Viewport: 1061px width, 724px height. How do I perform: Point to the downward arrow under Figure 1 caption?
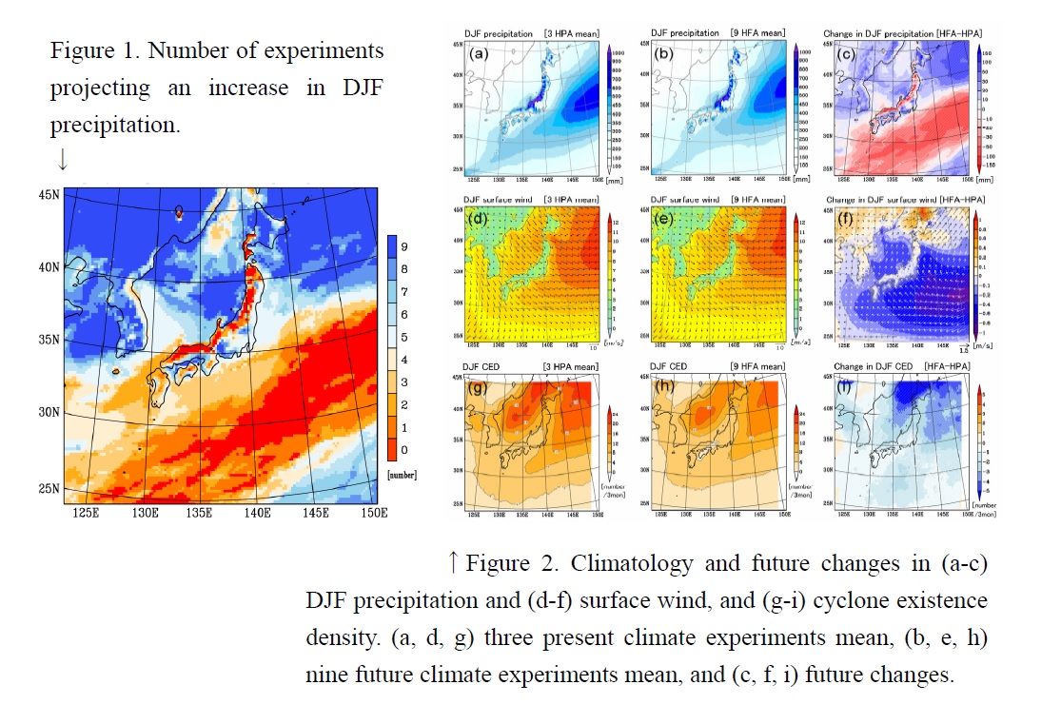pyautogui.click(x=62, y=160)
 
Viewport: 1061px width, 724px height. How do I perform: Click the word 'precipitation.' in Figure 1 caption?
pyautogui.click(x=114, y=125)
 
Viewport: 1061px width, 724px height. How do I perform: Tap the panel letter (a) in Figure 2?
pyautogui.click(x=481, y=53)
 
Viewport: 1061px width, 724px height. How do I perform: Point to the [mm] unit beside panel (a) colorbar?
pyautogui.click(x=616, y=178)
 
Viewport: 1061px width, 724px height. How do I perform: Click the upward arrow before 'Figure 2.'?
pyautogui.click(x=454, y=564)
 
